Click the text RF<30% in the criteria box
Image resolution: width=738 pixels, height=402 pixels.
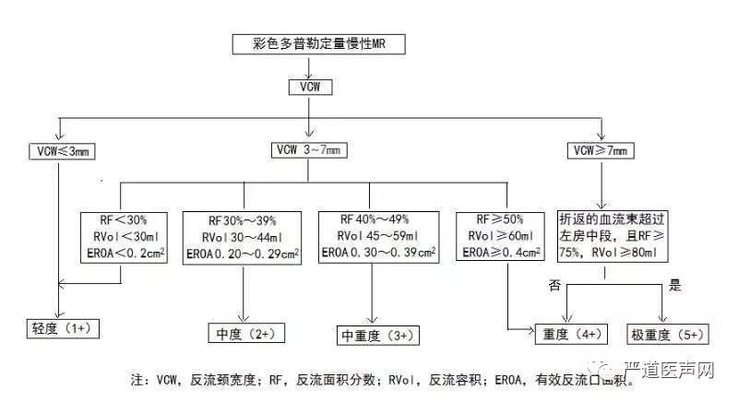pyautogui.click(x=123, y=219)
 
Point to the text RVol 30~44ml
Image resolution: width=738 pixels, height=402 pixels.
pyautogui.click(x=242, y=237)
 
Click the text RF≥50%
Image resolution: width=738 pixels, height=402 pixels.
pyautogui.click(x=502, y=219)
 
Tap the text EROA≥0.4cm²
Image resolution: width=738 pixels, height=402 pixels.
pyautogui.click(x=502, y=253)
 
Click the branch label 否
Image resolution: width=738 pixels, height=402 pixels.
pyautogui.click(x=555, y=287)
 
